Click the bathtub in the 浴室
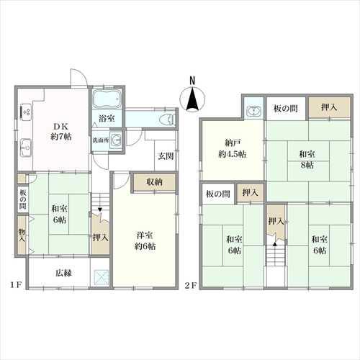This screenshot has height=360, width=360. (107, 99)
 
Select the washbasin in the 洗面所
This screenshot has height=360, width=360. (117, 140)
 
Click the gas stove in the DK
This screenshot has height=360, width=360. (26, 112)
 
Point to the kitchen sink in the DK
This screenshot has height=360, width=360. (26, 148)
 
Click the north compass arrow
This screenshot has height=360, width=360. (192, 99)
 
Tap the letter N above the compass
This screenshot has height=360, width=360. (192, 81)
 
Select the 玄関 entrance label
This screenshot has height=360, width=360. (166, 156)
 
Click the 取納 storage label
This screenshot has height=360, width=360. (155, 182)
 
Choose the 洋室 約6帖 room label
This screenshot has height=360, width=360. (145, 240)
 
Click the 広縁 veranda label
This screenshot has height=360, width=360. (63, 273)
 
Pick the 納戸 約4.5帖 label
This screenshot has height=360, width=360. (232, 148)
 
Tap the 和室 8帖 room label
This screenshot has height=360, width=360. (307, 159)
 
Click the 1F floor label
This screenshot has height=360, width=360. (17, 285)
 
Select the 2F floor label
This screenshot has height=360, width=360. (191, 285)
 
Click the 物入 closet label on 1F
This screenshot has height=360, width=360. (22, 235)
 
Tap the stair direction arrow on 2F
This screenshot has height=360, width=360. (275, 244)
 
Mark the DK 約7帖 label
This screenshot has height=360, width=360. (61, 132)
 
